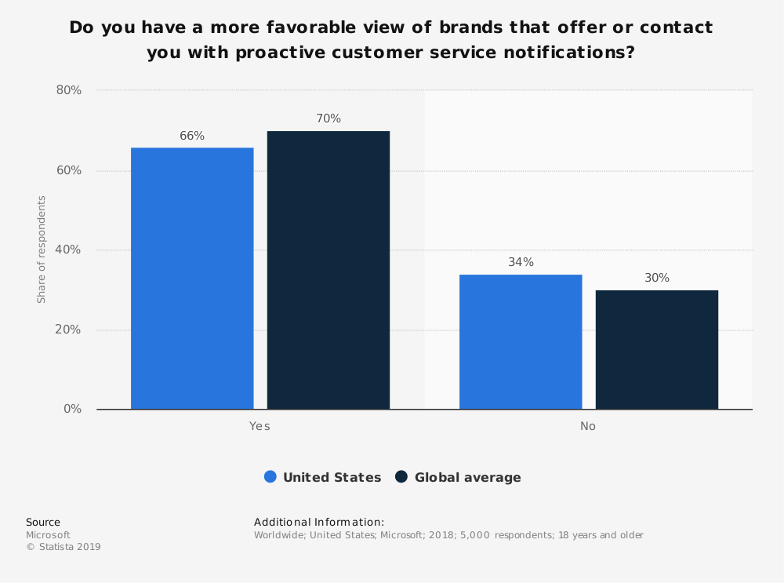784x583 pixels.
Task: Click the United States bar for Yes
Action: click(192, 279)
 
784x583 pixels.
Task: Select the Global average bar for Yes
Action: click(328, 271)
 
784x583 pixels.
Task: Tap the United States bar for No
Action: click(521, 342)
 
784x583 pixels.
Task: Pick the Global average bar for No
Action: click(657, 350)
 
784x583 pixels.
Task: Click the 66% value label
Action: click(192, 136)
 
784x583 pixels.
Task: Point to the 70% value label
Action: click(328, 118)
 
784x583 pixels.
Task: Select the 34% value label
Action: click(521, 262)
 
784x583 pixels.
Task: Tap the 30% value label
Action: click(657, 278)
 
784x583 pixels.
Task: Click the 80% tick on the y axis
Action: click(69, 90)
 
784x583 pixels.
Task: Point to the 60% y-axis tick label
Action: click(69, 170)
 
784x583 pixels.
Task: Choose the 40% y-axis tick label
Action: click(69, 250)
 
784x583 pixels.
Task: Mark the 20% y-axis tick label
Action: click(69, 330)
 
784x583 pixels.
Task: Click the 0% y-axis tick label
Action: click(72, 409)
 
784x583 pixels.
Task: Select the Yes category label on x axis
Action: click(260, 426)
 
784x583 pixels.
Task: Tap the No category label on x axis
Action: click(588, 426)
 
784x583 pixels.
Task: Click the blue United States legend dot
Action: click(270, 477)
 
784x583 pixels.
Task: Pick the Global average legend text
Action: click(467, 477)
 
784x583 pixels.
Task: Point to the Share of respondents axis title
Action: click(42, 250)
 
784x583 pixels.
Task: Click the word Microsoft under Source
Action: click(48, 535)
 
